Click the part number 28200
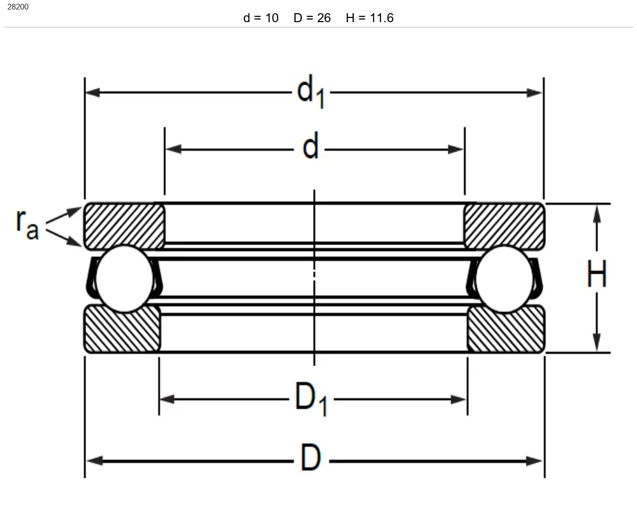pyautogui.click(x=18, y=7)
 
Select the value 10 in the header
pyautogui.click(x=272, y=18)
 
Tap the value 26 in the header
pyautogui.click(x=324, y=18)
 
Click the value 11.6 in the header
pyautogui.click(x=382, y=18)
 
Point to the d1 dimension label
pyautogui.click(x=311, y=91)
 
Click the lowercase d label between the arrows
pyautogui.click(x=310, y=145)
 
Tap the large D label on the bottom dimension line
pyautogui.click(x=310, y=457)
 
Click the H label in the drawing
pyautogui.click(x=596, y=274)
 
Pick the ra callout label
pyautogui.click(x=27, y=225)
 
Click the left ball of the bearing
pyautogui.click(x=124, y=279)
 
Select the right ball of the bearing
pyautogui.click(x=504, y=279)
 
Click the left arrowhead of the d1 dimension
pyautogui.click(x=93, y=93)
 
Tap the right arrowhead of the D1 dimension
pyautogui.click(x=458, y=400)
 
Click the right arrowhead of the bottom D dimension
pyautogui.click(x=534, y=461)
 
